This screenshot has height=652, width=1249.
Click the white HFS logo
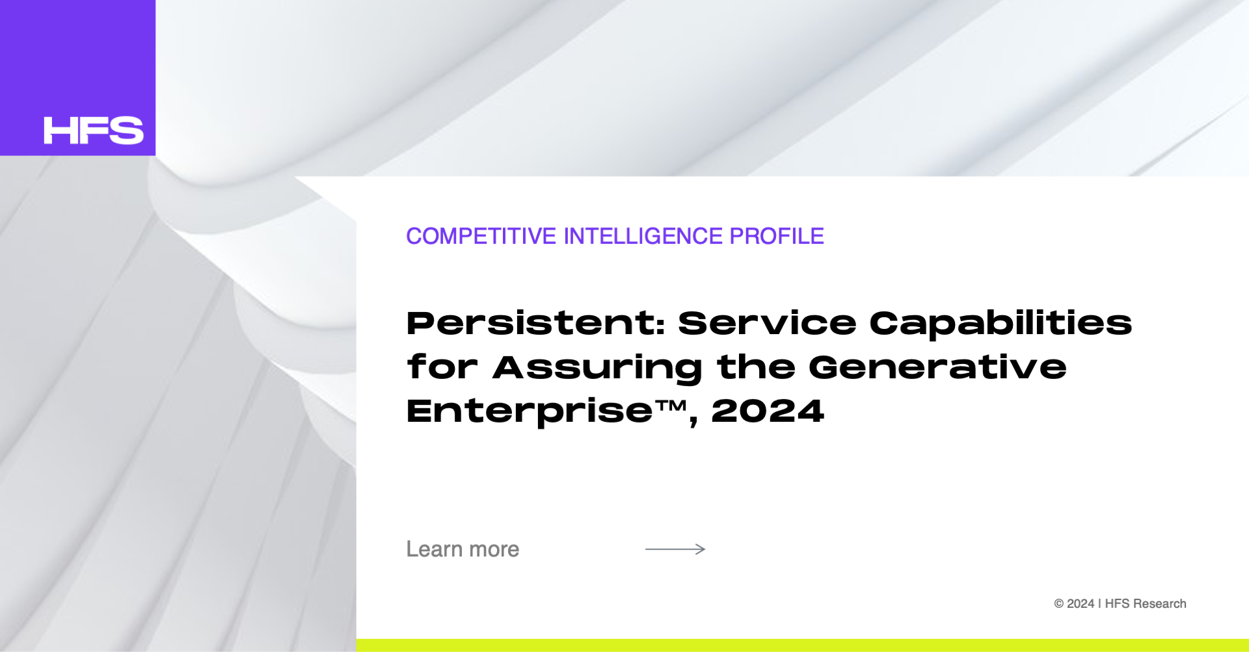pyautogui.click(x=94, y=131)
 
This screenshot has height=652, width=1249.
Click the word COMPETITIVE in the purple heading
pyautogui.click(x=481, y=236)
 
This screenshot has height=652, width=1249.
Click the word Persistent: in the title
pyautogui.click(x=536, y=323)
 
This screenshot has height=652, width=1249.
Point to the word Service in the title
pyautogui.click(x=768, y=323)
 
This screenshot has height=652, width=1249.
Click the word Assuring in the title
pyautogui.click(x=598, y=369)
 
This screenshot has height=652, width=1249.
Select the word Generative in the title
pyautogui.click(x=937, y=367)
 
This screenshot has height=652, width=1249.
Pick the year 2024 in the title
pyautogui.click(x=768, y=411)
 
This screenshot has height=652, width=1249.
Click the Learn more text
pyautogui.click(x=463, y=549)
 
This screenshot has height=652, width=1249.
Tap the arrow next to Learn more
pyautogui.click(x=675, y=549)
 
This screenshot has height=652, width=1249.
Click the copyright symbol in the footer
pyautogui.click(x=1059, y=604)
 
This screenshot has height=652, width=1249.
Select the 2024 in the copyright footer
pyautogui.click(x=1081, y=604)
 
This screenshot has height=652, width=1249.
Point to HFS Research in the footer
pyautogui.click(x=1146, y=604)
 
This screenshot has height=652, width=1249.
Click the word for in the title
pyautogui.click(x=442, y=367)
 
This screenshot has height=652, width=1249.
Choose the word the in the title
pyautogui.click(x=756, y=367)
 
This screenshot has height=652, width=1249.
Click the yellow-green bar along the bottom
pyautogui.click(x=803, y=645)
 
